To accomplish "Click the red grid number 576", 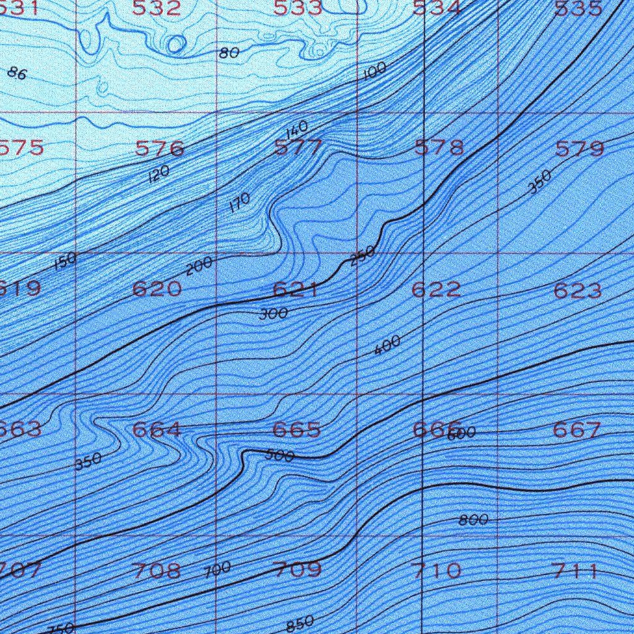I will (x=160, y=149).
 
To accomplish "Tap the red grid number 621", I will (x=295, y=289).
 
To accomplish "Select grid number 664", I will (x=157, y=430).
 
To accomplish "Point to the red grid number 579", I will (x=580, y=149).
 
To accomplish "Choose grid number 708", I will (x=157, y=570).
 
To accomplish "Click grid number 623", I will (x=578, y=290).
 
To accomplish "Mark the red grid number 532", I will (x=157, y=8).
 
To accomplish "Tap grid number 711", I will (x=576, y=571).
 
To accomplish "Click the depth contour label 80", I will (x=229, y=53).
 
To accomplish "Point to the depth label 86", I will (x=17, y=73).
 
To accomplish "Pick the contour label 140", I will (x=297, y=130).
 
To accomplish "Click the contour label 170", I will (x=239, y=202).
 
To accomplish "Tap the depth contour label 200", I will (x=199, y=266).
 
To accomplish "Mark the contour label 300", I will (x=274, y=314).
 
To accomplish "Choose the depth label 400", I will (x=388, y=345).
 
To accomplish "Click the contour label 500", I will (x=279, y=456).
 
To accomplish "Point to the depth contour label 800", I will (x=474, y=520).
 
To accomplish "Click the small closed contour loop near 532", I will (x=176, y=43).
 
